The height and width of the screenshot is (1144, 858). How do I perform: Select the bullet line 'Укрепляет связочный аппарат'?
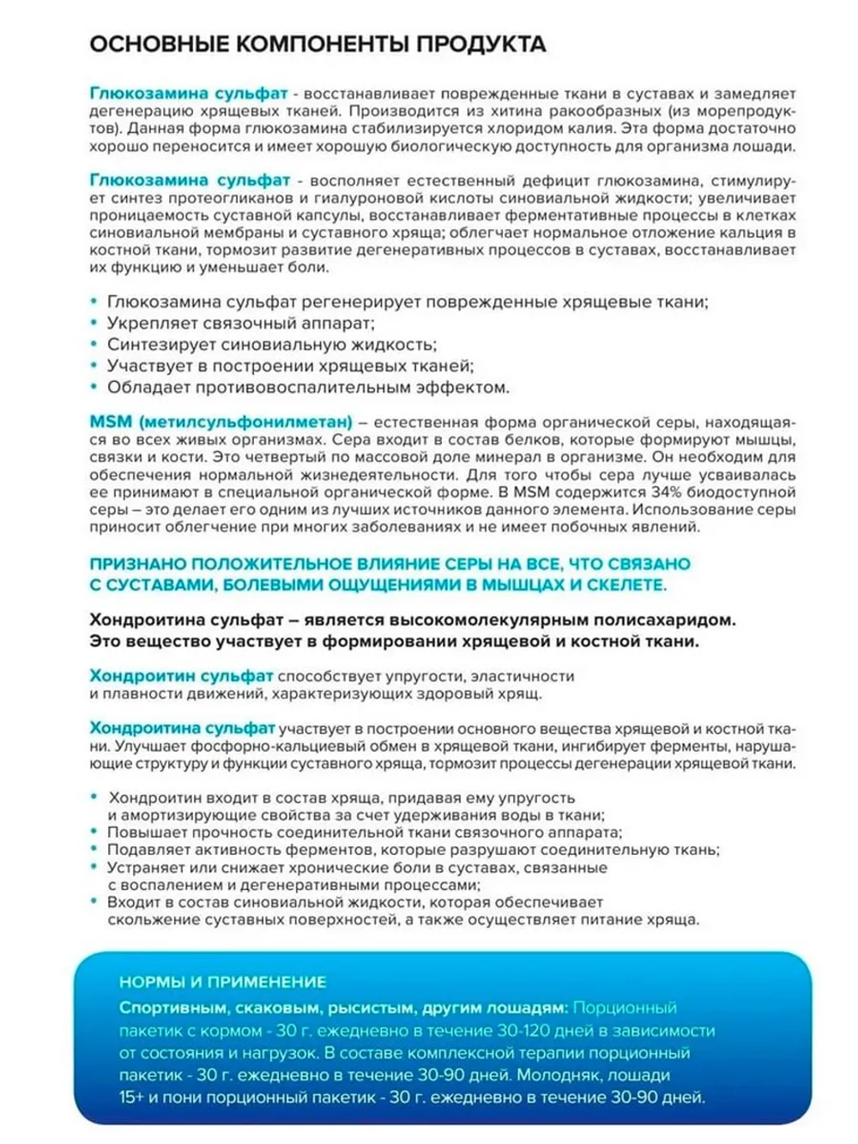[240, 324]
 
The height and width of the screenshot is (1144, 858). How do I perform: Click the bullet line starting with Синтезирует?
[271, 345]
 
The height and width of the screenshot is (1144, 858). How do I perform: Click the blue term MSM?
[111, 422]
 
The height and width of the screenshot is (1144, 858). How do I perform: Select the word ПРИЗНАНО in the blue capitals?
[137, 564]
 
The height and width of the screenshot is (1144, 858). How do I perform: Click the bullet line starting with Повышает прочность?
[364, 832]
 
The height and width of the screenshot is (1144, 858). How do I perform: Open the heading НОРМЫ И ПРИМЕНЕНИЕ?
[223, 982]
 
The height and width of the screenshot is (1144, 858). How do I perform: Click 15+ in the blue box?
[131, 1098]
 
